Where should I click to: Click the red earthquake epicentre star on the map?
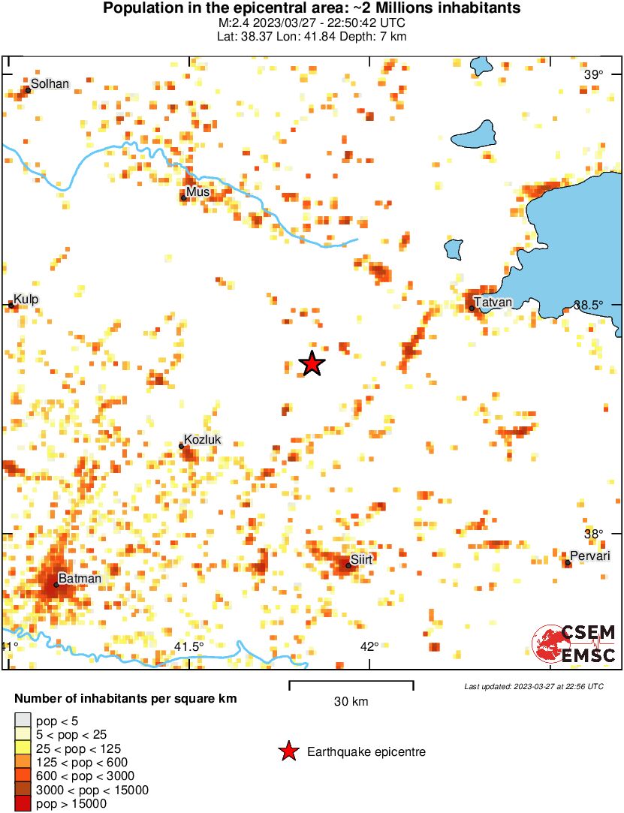[x=312, y=364]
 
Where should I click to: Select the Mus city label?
[x=197, y=192]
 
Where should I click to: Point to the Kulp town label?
[x=26, y=300]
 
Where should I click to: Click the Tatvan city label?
[x=493, y=302]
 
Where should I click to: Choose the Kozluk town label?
[x=203, y=440]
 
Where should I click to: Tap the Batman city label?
[x=80, y=579]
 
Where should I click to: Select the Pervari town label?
[x=589, y=556]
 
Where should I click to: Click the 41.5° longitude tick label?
[x=188, y=647]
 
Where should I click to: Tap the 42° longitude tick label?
[x=369, y=647]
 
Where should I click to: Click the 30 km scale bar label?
[x=351, y=702]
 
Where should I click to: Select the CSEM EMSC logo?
[x=574, y=644]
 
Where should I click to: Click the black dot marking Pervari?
[x=568, y=563]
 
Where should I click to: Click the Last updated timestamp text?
[x=533, y=686]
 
